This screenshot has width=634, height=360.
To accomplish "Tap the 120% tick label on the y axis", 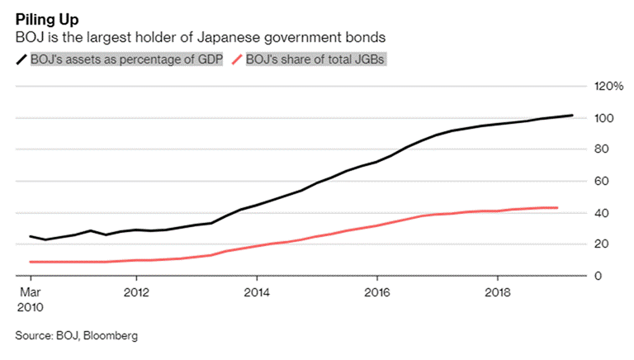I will pos(609,87).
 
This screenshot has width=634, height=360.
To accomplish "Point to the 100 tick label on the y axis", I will pos(605,118).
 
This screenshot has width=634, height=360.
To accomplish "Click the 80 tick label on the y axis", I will pos(603,149).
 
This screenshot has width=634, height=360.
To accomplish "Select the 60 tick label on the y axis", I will pos(603,181).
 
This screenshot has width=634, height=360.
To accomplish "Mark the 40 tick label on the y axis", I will pos(603,213).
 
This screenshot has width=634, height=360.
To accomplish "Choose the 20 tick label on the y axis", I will pos(603,244).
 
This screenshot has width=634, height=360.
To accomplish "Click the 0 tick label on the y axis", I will pos(599,276).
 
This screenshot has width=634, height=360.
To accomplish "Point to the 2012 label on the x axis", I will pos(136,291).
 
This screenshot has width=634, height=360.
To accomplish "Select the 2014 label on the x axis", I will pos(257,291).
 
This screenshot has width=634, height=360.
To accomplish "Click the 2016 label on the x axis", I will pos(377,291).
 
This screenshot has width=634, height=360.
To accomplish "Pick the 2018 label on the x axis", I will pos(497,291).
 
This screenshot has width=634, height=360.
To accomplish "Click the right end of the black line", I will pos(573,116).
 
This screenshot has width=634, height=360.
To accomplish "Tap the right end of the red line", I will pos(558,208).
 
